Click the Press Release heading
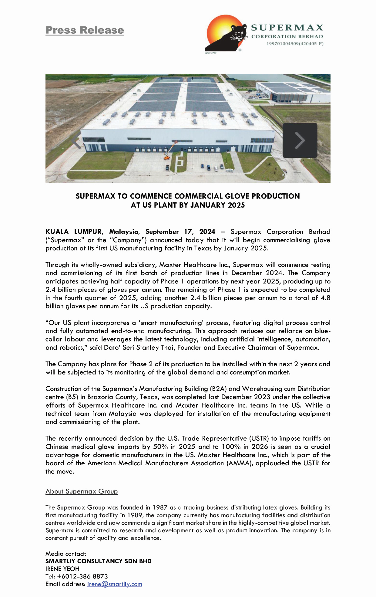point(85,30)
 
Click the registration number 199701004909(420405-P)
point(295,44)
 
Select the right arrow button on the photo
point(300,140)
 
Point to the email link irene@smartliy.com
point(115,584)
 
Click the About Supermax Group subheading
point(82,491)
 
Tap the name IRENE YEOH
point(62,569)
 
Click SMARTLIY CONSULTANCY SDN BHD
point(99,561)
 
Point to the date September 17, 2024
point(180,232)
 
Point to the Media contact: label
point(66,554)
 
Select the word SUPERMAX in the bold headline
point(96,196)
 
